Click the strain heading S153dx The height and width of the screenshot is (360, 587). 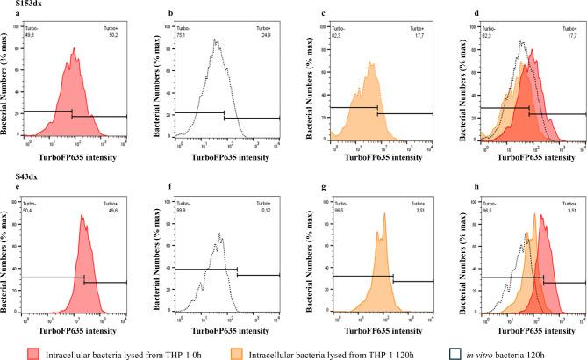coord(18,4)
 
